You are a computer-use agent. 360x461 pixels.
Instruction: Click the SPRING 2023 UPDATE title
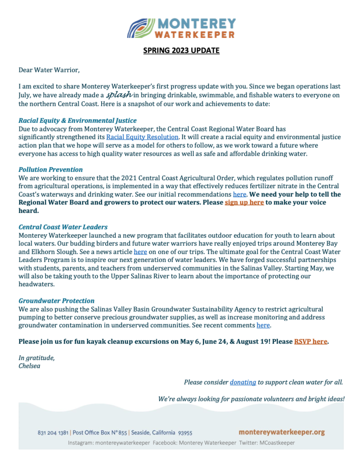pos(181,50)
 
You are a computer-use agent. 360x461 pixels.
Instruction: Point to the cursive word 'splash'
pos(119,95)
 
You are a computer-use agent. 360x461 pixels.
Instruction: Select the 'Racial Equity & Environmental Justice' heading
pos(77,121)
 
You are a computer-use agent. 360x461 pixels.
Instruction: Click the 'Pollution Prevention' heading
pos(50,170)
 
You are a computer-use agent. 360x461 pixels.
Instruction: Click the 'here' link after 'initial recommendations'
pos(239,194)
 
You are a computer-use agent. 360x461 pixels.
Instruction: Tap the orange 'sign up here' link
pos(244,203)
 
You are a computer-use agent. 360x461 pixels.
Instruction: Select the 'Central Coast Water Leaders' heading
pos(63,227)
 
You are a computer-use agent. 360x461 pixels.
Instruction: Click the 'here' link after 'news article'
pos(140,252)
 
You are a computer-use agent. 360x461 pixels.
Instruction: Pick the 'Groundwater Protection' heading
pos(57,301)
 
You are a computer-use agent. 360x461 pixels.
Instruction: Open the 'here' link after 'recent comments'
pos(263,325)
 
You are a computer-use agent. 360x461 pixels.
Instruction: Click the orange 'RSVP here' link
pos(310,341)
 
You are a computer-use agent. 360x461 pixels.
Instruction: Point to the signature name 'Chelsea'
pos(29,366)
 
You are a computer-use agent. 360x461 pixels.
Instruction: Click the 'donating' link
pos(243,382)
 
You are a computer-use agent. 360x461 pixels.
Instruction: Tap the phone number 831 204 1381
pos(53,433)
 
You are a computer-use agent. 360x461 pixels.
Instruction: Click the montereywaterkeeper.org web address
pos(282,432)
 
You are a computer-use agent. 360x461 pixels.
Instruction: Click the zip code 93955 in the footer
pos(185,433)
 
